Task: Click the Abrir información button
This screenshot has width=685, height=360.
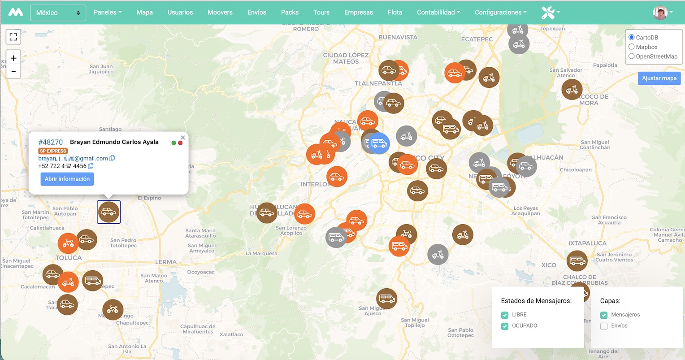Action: (67, 179)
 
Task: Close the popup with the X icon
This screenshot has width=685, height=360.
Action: (183, 138)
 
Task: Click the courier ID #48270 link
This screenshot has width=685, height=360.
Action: (51, 142)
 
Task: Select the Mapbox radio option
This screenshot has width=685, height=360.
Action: (632, 47)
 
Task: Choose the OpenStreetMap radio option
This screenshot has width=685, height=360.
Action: (632, 56)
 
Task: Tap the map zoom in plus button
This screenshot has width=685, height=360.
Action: (13, 58)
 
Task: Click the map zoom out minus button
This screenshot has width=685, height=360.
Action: (13, 71)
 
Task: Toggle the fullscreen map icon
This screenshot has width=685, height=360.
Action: (13, 37)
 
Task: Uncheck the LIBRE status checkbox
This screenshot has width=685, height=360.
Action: (505, 315)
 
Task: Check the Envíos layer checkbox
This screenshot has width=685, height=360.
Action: (604, 326)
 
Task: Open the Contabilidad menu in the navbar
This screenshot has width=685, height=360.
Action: (438, 12)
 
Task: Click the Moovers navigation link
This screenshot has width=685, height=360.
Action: (220, 12)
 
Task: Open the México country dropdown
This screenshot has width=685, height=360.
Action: (58, 13)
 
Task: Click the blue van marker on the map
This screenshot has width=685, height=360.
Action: (379, 143)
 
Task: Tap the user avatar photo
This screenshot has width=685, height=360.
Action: (660, 13)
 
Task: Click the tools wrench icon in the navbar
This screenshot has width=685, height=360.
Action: (548, 13)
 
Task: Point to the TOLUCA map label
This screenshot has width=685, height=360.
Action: (69, 258)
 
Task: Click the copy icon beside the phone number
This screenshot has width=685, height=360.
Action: (91, 166)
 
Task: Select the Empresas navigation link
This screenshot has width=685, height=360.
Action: (359, 12)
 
